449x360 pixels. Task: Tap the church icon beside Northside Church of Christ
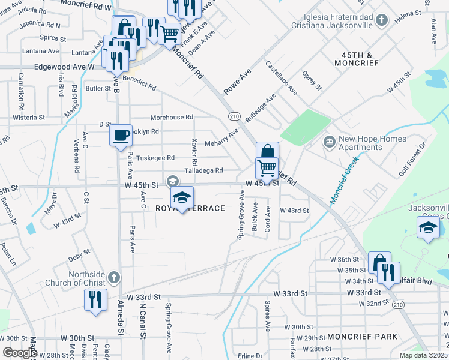point(115,277)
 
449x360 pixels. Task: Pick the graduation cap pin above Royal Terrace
point(182,197)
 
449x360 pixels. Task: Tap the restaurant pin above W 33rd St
point(95,299)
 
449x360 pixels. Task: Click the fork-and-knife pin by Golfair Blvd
point(388,272)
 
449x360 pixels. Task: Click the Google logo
point(20,353)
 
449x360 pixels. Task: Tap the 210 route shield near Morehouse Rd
point(234,116)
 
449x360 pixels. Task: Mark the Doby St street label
point(79,257)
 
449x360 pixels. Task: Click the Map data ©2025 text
point(424,355)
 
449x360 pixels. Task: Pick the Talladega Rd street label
point(204,170)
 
